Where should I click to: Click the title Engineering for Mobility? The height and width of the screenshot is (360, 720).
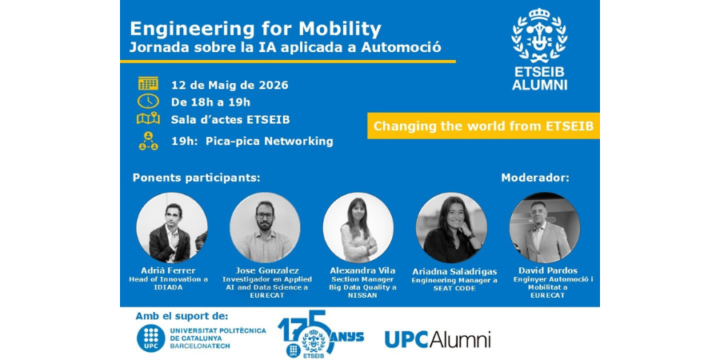[255, 30]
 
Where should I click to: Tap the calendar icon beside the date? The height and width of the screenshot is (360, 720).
[148, 83]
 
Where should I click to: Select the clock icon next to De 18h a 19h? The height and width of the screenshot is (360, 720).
[148, 101]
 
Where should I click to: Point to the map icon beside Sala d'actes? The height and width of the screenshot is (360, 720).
[148, 118]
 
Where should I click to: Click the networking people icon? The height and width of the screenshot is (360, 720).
[148, 141]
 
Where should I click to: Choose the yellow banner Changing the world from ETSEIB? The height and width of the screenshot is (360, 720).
[483, 126]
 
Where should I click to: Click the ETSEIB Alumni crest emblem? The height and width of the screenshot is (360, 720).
[539, 36]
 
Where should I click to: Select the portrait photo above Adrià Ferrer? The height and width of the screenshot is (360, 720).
[172, 228]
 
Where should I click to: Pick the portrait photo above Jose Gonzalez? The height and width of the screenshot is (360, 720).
[265, 228]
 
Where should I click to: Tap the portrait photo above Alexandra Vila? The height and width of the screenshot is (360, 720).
[358, 228]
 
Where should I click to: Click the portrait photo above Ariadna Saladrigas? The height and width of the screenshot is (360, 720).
[451, 228]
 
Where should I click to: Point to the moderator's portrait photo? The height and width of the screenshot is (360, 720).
[545, 228]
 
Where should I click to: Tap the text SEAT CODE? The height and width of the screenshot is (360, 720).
[454, 287]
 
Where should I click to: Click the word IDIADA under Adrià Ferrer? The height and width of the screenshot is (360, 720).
[169, 287]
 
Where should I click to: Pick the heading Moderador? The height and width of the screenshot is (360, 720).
[535, 178]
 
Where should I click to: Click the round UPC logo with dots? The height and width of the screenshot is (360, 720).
[150, 338]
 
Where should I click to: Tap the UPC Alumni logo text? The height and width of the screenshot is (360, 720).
[438, 339]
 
